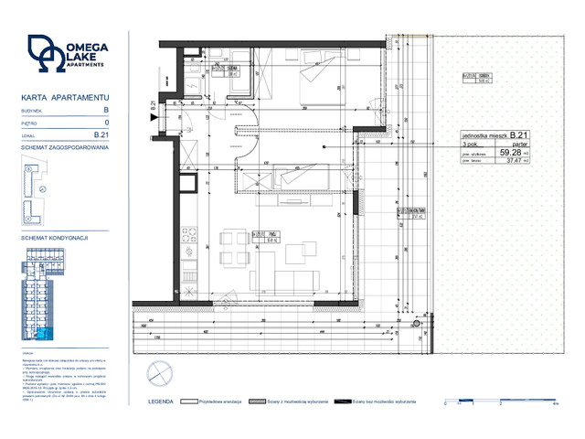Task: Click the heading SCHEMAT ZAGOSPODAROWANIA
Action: coord(65,147)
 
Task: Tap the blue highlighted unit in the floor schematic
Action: coord(49,333)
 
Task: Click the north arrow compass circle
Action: coord(157,369)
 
